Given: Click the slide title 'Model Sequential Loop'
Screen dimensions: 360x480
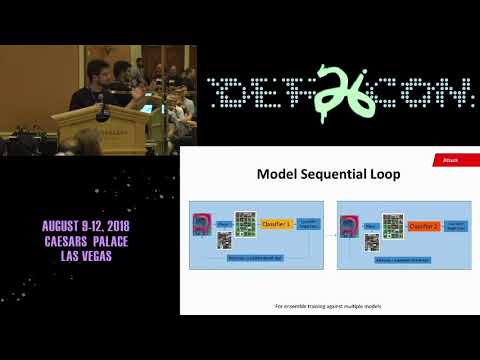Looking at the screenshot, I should point(328,174).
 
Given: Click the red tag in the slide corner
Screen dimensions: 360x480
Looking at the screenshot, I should point(451,159).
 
